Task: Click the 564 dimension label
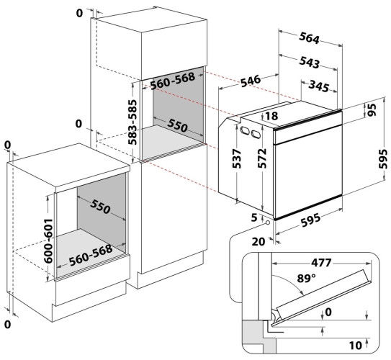[x=309, y=38]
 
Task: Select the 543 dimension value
[x=309, y=62]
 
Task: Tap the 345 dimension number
[x=319, y=86]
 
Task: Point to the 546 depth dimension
[x=251, y=81]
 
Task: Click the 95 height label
[x=372, y=110]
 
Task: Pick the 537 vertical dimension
[x=236, y=158]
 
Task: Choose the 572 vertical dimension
[x=262, y=158]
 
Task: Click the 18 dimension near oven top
[x=271, y=116]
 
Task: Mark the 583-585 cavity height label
[x=132, y=122]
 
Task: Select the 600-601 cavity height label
[x=48, y=240]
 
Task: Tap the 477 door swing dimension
[x=321, y=263]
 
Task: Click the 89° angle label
[x=306, y=278]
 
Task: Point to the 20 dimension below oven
[x=258, y=242]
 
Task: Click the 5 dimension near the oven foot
[x=254, y=217]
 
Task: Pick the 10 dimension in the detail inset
[x=355, y=346]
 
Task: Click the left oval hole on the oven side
[x=245, y=130]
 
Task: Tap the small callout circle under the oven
[x=268, y=222]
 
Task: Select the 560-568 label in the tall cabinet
[x=173, y=81]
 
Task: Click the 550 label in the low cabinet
[x=100, y=207]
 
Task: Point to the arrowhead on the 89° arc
[x=302, y=293]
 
